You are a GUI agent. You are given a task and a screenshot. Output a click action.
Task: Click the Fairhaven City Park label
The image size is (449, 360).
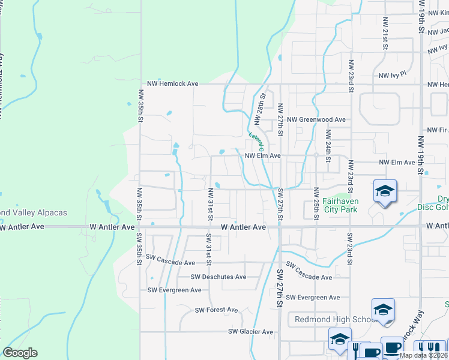click(x=340, y=206)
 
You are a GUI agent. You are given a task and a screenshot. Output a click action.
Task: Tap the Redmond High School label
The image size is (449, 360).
click(x=332, y=319)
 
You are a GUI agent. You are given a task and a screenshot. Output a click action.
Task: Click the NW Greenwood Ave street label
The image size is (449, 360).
click(x=316, y=119)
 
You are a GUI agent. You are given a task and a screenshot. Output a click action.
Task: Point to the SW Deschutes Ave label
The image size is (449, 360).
click(x=218, y=277)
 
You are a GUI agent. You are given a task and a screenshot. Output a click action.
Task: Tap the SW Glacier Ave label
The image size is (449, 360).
click(x=250, y=332)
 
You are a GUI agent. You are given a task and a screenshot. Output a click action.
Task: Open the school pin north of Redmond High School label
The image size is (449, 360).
click(x=383, y=310)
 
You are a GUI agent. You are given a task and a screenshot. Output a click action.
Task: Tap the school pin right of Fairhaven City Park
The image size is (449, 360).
click(x=384, y=191)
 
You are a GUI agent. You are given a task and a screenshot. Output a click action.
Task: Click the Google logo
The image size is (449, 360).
click(x=20, y=353)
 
